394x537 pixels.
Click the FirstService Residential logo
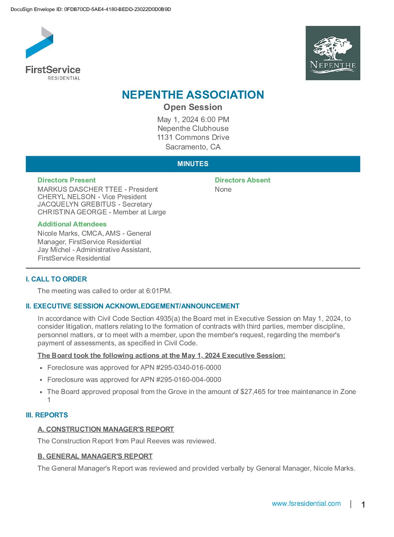[x=53, y=53]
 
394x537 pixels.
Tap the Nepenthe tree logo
[x=333, y=53]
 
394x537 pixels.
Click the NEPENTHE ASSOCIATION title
[x=193, y=95]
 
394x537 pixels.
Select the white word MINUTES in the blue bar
[x=193, y=164]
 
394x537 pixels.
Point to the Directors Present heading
[x=67, y=180]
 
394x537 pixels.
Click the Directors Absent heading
[x=243, y=180]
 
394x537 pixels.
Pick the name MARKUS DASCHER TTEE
[x=80, y=190]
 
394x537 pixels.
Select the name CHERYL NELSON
[x=67, y=197]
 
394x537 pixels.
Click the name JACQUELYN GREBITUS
[x=77, y=204]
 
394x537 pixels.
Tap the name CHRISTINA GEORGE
[x=72, y=212]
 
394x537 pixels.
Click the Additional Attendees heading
[x=72, y=224]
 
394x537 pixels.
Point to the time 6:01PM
[x=159, y=291]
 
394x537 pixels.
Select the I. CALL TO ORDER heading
[x=56, y=279]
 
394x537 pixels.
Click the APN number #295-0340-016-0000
[x=189, y=368]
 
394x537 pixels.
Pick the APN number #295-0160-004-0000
[x=189, y=380]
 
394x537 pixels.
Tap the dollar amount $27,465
[x=253, y=392]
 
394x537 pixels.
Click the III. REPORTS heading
[x=47, y=415]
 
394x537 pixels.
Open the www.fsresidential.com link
[x=306, y=504]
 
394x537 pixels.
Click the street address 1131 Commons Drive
[x=193, y=137]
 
